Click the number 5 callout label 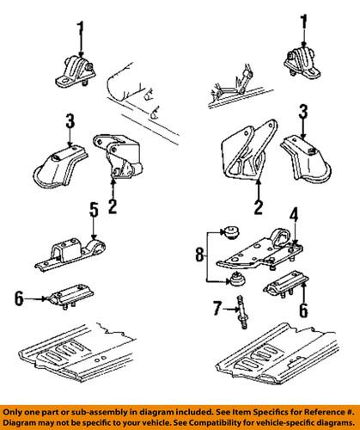pos(95,210)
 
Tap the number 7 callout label pos(217,309)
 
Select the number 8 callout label pos(200,255)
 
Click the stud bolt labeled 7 pos(241,312)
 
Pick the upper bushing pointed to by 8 pos(231,232)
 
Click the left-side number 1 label pos(81,29)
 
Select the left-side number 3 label pos(70,121)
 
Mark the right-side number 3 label pos(303,111)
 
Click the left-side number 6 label pos(19,298)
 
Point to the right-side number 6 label pos(303,310)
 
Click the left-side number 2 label pos(113,206)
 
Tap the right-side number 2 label pos(259,207)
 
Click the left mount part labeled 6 pos(70,296)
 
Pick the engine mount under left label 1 pos(75,71)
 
